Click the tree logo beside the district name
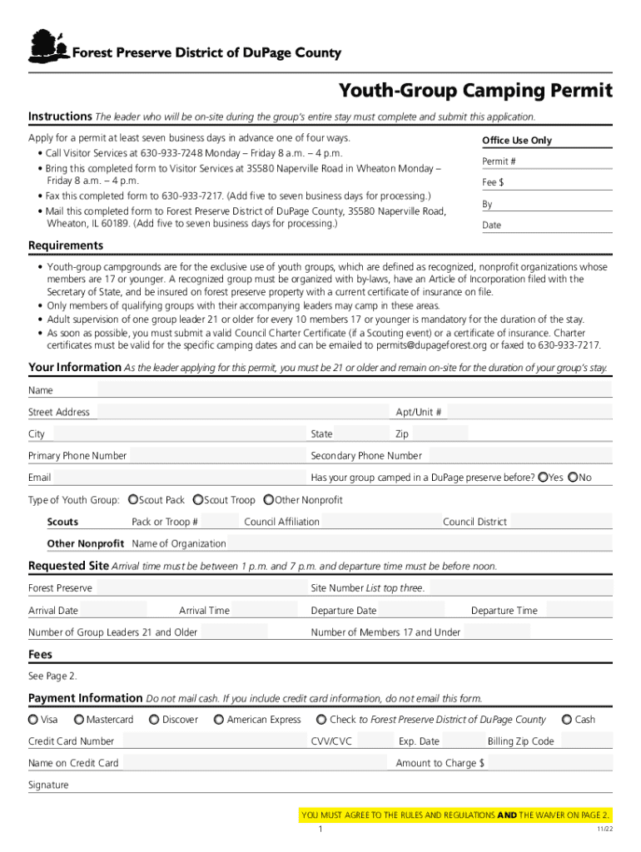tap(47, 47)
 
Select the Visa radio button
tap(33, 720)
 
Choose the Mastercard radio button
tap(79, 720)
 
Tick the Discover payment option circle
tap(154, 720)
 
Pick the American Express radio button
tap(219, 720)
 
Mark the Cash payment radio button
tap(567, 720)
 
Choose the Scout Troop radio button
tap(198, 500)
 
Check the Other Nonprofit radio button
tap(268, 500)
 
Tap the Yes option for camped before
tap(543, 478)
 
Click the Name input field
tap(354, 390)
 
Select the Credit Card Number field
tap(208, 741)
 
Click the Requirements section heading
tap(66, 245)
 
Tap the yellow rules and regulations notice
tap(456, 815)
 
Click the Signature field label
tap(48, 785)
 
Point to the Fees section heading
tap(40, 654)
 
